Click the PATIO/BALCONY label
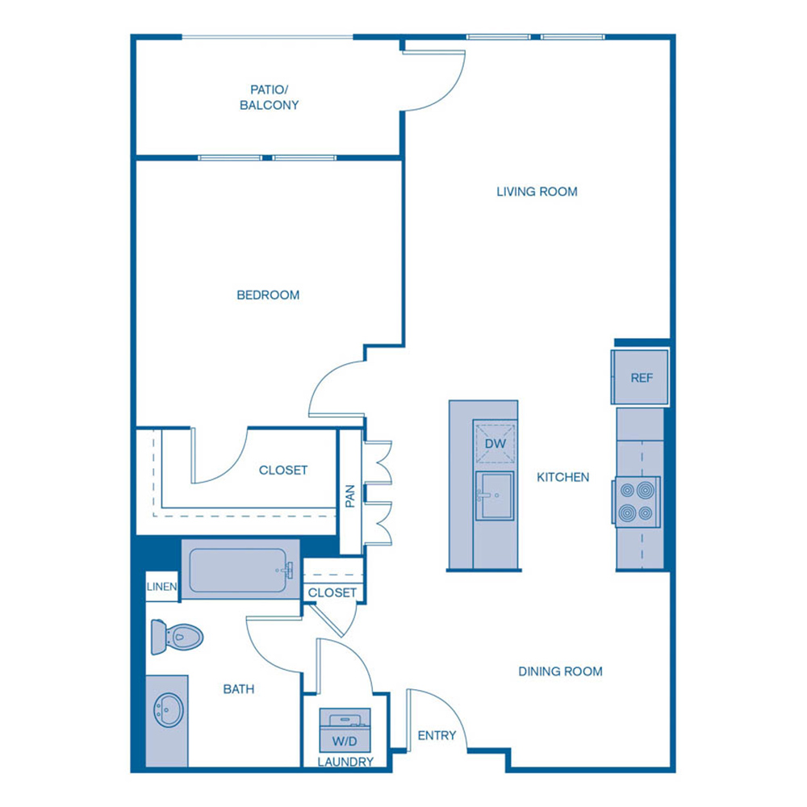coord(269,98)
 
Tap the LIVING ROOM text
coord(537,192)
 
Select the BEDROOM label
coord(268,295)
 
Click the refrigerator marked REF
coord(642,377)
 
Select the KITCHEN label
coord(563,477)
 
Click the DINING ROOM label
coord(560,671)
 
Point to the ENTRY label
coord(437,735)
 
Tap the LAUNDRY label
coord(345,762)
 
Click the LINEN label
coord(161,587)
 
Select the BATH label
coord(239,689)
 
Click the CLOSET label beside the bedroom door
coord(283,470)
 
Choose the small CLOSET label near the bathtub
coord(332,592)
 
